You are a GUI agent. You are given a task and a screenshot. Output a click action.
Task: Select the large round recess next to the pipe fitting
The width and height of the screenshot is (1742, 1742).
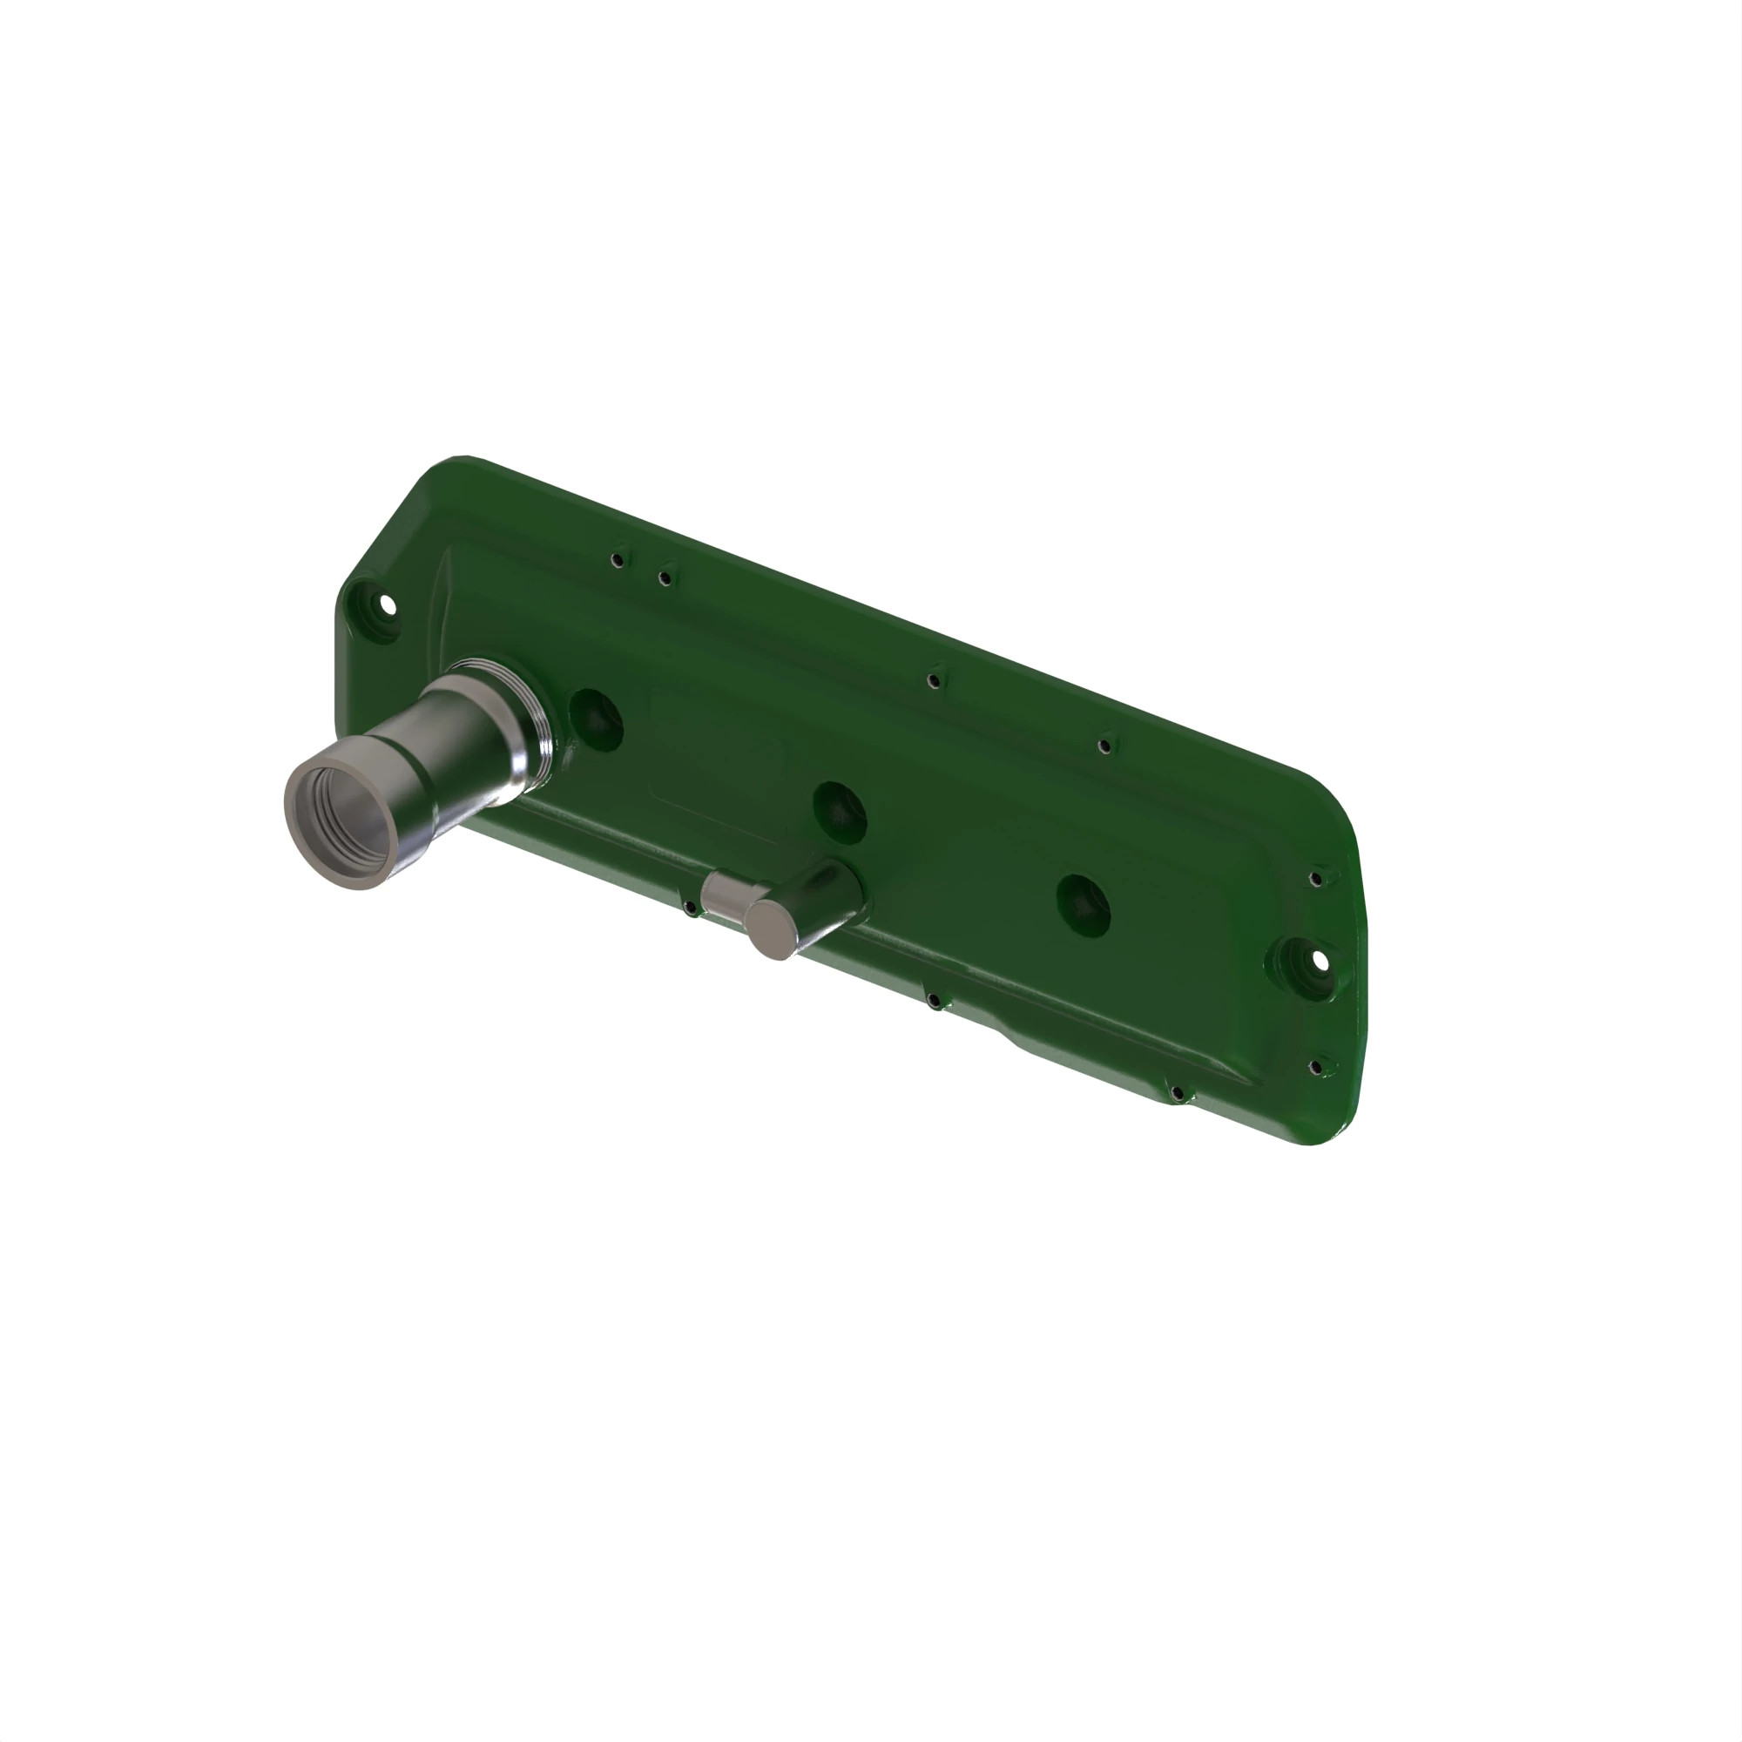tap(596, 720)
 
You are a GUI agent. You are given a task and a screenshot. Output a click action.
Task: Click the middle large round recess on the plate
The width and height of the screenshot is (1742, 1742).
tap(840, 811)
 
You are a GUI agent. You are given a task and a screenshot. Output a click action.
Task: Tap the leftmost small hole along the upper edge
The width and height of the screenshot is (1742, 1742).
tap(617, 560)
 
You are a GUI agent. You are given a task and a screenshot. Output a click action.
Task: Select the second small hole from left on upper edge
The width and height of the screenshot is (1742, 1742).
tap(665, 578)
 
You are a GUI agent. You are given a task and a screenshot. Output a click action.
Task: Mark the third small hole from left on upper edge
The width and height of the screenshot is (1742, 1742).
tap(935, 680)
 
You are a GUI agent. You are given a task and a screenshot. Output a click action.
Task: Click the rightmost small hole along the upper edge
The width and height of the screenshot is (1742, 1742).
tap(1104, 746)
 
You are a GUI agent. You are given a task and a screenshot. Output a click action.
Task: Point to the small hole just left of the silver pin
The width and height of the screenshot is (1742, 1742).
tap(690, 907)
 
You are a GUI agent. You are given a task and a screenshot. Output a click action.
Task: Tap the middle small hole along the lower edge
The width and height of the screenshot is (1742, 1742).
tap(935, 1001)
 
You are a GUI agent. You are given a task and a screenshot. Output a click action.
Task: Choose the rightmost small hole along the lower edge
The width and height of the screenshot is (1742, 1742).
tap(1178, 1094)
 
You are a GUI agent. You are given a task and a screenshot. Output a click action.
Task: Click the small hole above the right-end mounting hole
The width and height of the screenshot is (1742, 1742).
tap(1316, 878)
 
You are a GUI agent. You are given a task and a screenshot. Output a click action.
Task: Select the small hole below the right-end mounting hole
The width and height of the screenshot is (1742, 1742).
tap(1315, 1069)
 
